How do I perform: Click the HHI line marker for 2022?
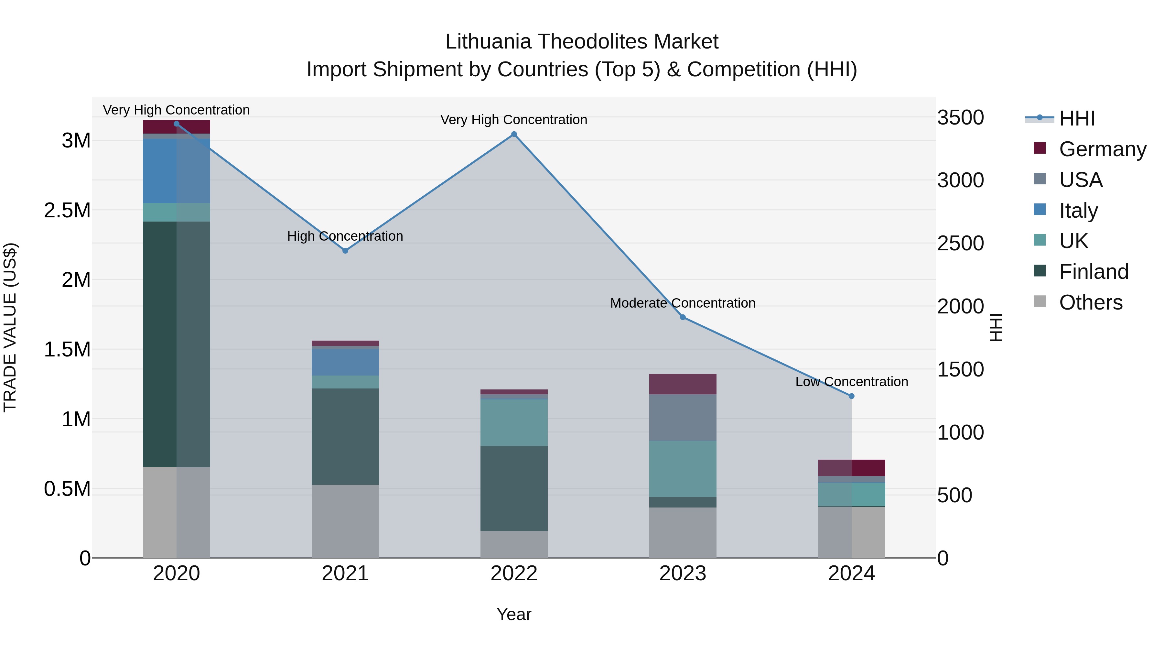514,134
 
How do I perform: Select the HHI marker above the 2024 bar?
851,396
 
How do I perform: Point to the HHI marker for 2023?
683,317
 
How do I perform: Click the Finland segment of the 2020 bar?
176,344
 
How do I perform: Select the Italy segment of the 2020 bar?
176,171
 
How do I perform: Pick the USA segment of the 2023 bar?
683,417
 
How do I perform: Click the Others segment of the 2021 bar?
345,521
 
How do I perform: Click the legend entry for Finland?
1094,272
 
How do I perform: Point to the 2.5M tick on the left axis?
67,210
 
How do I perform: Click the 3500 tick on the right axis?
960,117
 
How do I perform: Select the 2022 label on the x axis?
514,573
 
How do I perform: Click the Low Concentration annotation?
851,382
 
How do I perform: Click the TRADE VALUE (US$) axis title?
10,327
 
